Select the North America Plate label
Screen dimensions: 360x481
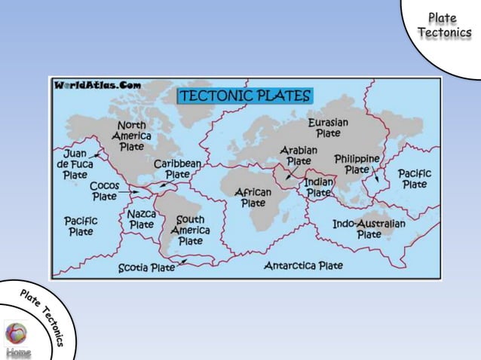pos(132,136)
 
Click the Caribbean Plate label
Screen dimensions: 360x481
pos(177,168)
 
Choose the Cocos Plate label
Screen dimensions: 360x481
pos(104,191)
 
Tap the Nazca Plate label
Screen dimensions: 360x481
pos(141,219)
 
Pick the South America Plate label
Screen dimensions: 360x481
pos(190,230)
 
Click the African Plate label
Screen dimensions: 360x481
pos(253,197)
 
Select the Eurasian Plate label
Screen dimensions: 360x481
pos(328,127)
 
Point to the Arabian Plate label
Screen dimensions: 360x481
pos(299,156)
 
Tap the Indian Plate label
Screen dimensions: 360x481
pos(319,187)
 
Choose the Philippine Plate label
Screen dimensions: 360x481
pos(357,164)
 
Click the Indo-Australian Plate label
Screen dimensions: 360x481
pos(369,229)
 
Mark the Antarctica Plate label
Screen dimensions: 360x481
pos(303,266)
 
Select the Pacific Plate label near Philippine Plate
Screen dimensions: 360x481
pos(414,178)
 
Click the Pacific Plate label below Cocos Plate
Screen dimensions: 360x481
pos(81,226)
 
